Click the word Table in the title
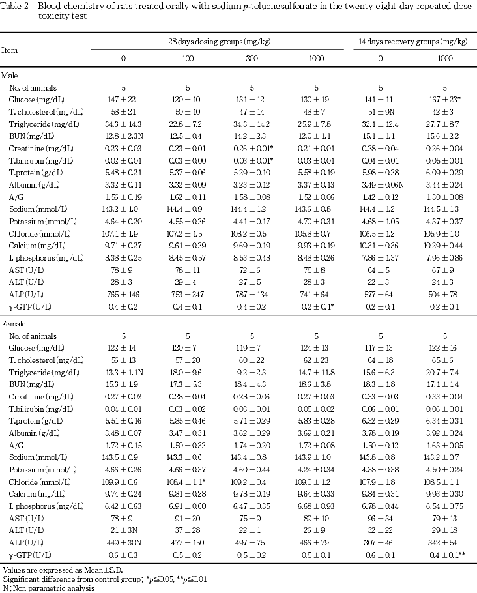click(x=12, y=5)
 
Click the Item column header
click(x=10, y=49)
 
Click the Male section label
click(x=11, y=76)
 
